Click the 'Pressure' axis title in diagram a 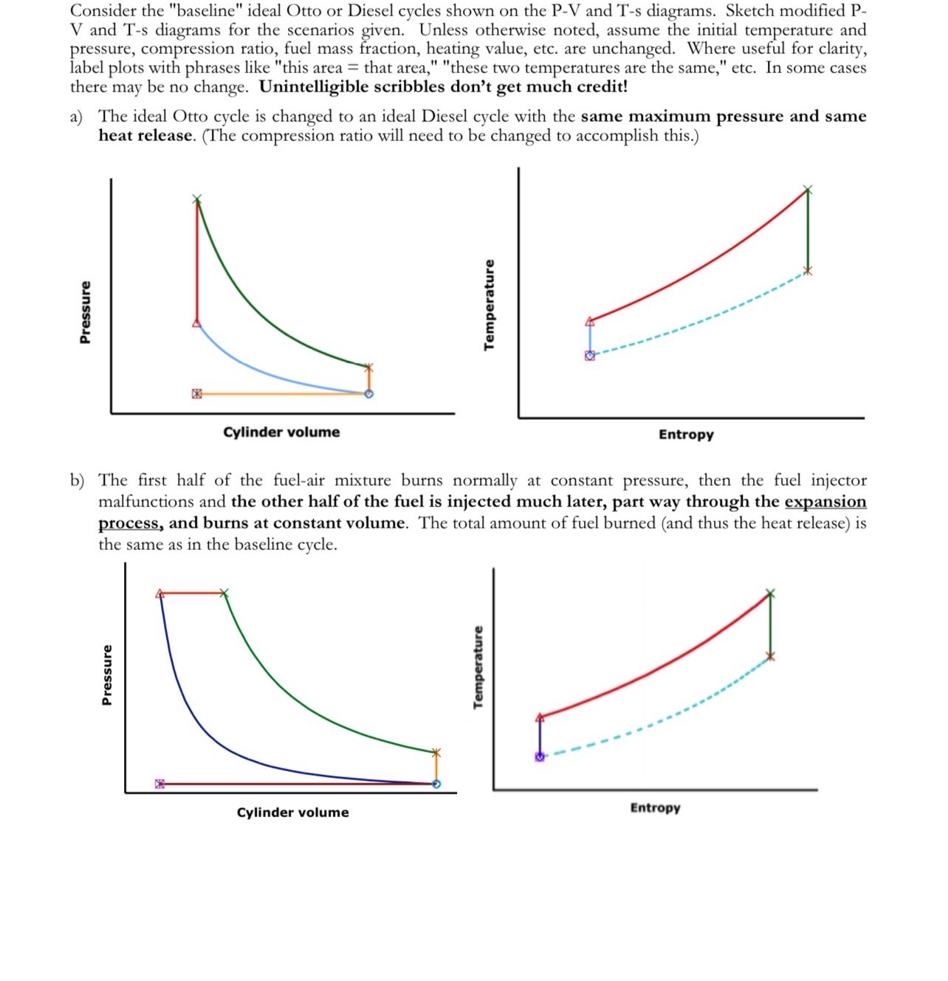click(x=86, y=312)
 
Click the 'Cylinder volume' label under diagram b click(x=292, y=812)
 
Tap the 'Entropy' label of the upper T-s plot click(x=686, y=435)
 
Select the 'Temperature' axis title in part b click(x=478, y=667)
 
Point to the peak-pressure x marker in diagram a click(x=196, y=199)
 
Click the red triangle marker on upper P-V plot click(x=196, y=323)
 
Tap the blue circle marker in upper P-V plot click(x=369, y=393)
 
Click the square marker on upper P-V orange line click(x=196, y=393)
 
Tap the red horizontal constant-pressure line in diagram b click(x=192, y=593)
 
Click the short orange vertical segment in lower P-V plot click(x=436, y=768)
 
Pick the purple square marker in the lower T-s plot click(x=540, y=757)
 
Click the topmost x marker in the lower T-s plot click(x=770, y=593)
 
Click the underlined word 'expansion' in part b click(x=825, y=502)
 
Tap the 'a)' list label click(x=76, y=117)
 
